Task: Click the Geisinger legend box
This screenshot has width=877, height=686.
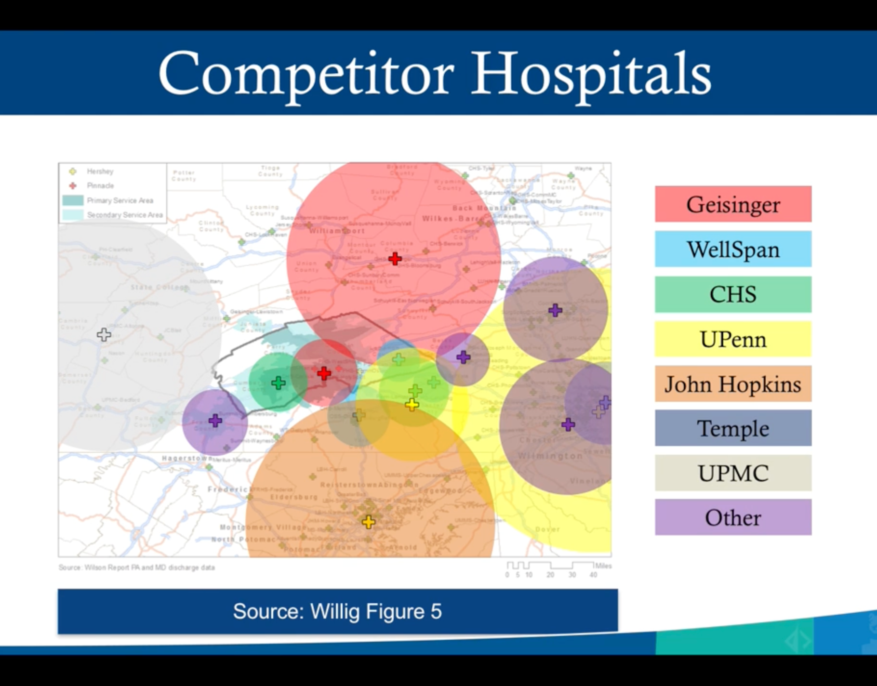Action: click(x=732, y=204)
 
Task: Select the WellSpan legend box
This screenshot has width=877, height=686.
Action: click(x=732, y=249)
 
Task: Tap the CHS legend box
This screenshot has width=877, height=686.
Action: click(x=732, y=294)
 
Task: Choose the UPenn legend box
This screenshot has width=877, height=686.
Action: click(x=732, y=339)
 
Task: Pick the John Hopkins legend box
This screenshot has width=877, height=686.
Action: click(x=732, y=384)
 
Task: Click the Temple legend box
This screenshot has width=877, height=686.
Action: click(x=732, y=428)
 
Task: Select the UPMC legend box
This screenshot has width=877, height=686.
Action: click(x=732, y=473)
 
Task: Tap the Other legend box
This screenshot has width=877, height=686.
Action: click(x=732, y=518)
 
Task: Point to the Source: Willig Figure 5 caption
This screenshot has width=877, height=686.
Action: click(x=337, y=611)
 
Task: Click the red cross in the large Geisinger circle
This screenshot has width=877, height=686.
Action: click(x=395, y=259)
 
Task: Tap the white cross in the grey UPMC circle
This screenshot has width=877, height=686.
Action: click(x=104, y=334)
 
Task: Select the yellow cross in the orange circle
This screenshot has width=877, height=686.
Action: click(x=369, y=522)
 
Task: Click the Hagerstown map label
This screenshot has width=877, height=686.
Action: click(x=186, y=458)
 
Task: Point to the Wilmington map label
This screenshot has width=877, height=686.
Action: click(x=550, y=456)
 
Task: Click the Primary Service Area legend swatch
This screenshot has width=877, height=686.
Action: click(x=72, y=200)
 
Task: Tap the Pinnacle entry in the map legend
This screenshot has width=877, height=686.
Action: click(x=100, y=185)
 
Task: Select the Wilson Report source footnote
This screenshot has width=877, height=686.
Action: click(x=137, y=567)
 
